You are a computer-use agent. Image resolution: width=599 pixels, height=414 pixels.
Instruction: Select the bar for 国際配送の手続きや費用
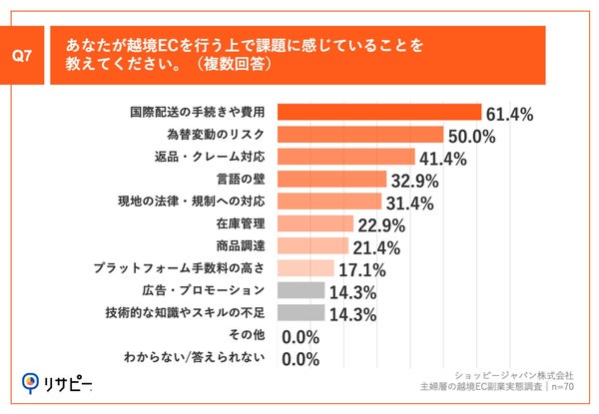point(378,112)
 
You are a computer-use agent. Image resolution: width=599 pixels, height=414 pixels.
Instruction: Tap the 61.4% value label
point(511,113)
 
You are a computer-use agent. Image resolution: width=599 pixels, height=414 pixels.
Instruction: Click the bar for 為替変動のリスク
point(359,134)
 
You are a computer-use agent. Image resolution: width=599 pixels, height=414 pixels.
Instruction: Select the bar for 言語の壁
point(330,179)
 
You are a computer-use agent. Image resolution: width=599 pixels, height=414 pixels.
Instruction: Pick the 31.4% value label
point(410,202)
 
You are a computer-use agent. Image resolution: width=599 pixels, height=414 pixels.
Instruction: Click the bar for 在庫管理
point(313,222)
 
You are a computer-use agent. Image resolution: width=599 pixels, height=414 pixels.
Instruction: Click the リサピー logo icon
point(31,382)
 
